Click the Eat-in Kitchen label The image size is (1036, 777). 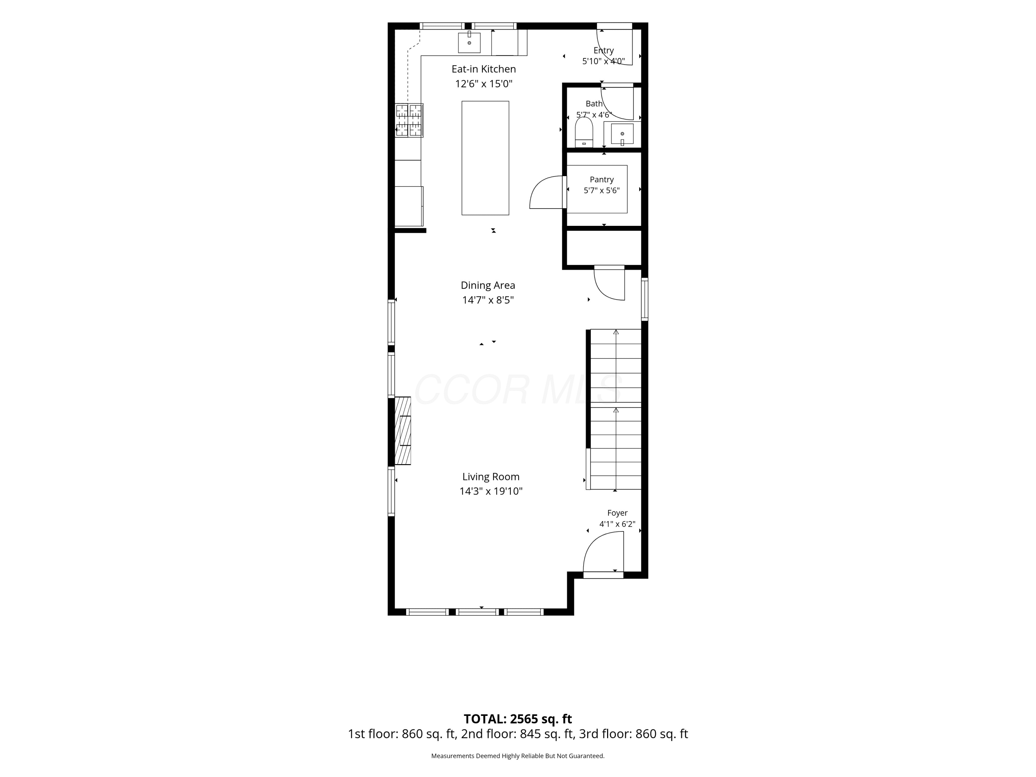484,69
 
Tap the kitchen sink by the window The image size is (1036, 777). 469,42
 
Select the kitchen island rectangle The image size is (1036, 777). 485,158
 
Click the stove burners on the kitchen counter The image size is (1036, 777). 409,121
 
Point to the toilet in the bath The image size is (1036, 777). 584,132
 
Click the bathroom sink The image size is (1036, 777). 622,134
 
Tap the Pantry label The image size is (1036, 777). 602,179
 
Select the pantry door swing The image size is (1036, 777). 546,192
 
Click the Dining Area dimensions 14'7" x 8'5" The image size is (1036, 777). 488,300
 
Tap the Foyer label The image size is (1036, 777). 617,513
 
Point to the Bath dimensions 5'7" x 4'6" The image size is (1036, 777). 594,115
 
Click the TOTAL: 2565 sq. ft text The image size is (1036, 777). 518,719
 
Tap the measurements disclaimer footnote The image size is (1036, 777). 518,756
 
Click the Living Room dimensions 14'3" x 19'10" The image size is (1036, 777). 491,491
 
